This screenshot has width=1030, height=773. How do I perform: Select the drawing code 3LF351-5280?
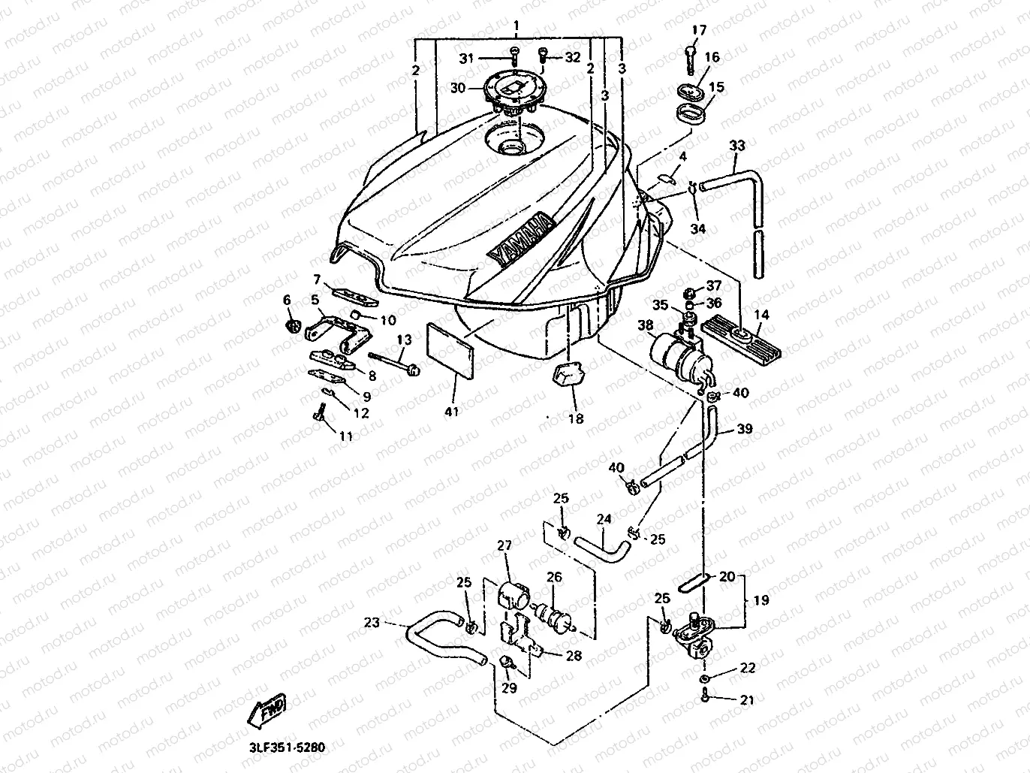(x=287, y=747)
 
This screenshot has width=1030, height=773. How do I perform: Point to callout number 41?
(x=452, y=412)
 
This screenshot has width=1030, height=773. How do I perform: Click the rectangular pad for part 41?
(x=450, y=350)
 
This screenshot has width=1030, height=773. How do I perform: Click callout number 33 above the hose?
(x=737, y=146)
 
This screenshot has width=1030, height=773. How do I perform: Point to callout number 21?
(x=747, y=700)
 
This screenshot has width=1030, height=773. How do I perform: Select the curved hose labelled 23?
(x=445, y=637)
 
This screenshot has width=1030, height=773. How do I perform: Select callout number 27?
(x=504, y=545)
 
